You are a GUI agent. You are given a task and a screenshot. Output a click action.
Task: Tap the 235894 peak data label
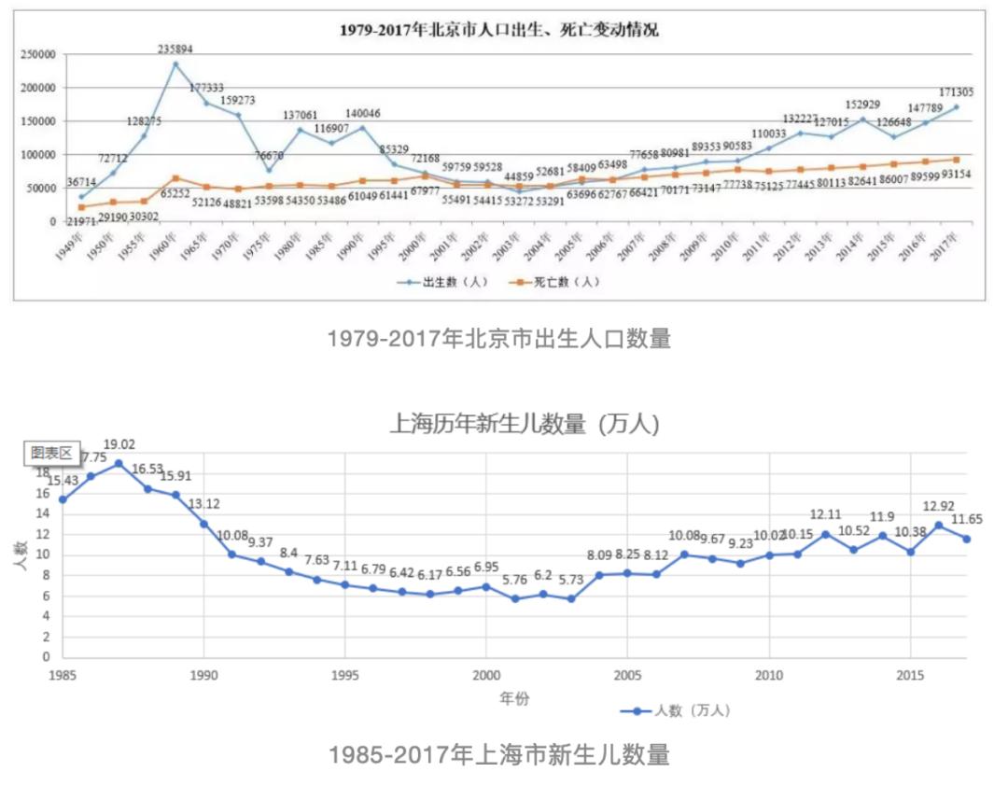(x=175, y=50)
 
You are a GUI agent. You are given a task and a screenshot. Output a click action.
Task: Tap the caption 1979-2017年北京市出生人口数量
(x=499, y=339)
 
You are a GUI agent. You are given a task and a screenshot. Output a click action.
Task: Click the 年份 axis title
(x=511, y=696)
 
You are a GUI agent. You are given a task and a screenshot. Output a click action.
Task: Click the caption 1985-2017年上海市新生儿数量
(x=499, y=754)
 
